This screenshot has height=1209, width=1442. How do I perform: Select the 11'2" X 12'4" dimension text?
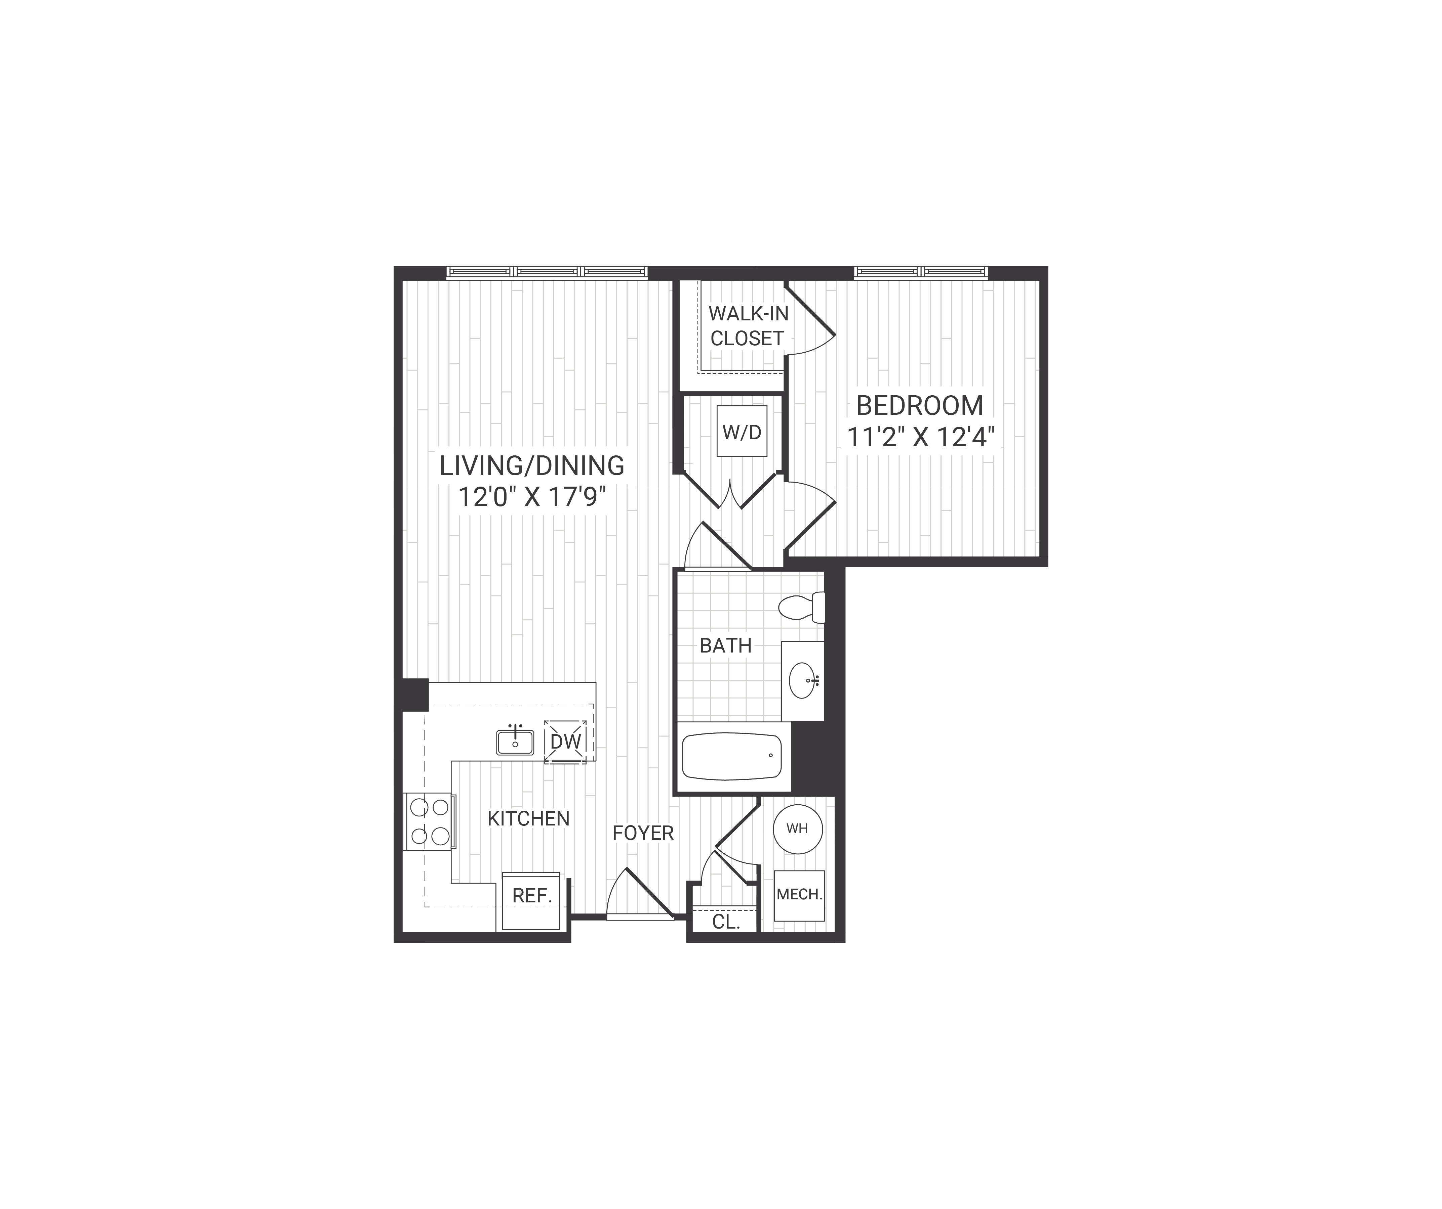tap(920, 437)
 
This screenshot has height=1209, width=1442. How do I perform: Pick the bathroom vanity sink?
tap(803, 680)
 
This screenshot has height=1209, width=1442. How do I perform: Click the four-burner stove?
tap(429, 821)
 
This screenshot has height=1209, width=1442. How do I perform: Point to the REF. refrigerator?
tap(531, 896)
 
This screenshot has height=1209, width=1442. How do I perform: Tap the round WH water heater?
tap(797, 829)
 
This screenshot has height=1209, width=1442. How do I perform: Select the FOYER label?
tap(643, 833)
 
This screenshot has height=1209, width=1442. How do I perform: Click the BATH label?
tap(726, 646)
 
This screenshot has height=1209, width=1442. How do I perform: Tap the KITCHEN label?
tap(528, 818)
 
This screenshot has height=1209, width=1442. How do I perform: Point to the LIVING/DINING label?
tap(532, 466)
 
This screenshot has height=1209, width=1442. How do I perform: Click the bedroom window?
tap(921, 272)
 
